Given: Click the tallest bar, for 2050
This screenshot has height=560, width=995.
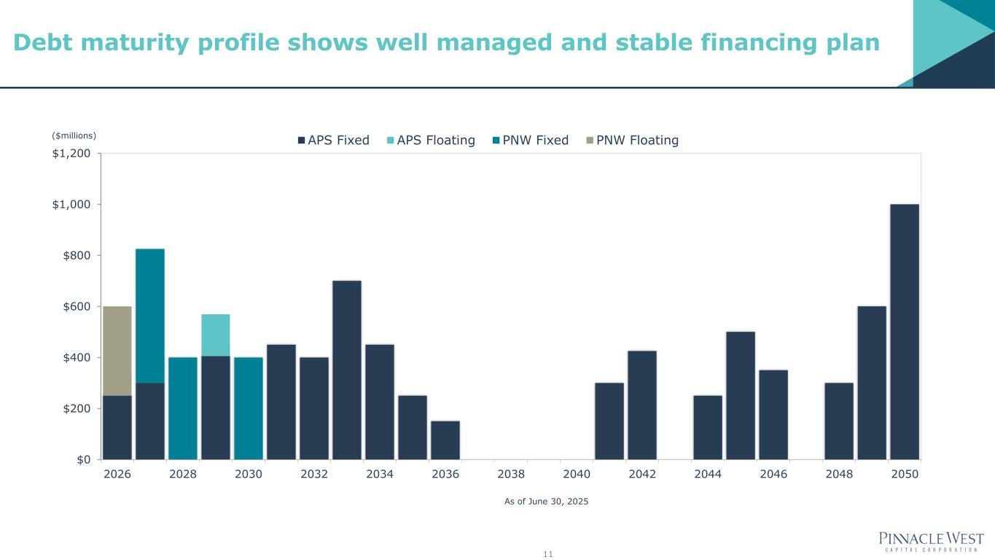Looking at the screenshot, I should coord(905,332).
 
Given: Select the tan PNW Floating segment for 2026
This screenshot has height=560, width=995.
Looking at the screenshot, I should coord(117,351).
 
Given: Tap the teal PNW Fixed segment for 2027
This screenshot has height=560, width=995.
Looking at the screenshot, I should coord(150,316).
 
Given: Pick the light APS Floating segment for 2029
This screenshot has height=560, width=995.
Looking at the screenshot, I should coord(216,335).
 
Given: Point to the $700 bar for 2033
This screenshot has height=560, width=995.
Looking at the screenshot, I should coord(347,370).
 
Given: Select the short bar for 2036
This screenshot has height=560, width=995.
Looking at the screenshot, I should coord(445,440).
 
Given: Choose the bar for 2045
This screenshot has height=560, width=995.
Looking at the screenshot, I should coord(741,395).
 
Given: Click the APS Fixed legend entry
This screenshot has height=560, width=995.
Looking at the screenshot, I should coord(333,140).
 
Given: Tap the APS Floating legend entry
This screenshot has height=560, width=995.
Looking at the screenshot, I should coord(430,140).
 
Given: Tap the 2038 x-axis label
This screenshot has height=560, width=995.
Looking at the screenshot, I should coord(511,474).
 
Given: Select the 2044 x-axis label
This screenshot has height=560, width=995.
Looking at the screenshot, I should coord(708,474).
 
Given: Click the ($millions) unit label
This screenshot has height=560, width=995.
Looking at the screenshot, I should coord(74,135).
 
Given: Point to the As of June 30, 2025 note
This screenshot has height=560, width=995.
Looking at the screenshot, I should coord(546,502).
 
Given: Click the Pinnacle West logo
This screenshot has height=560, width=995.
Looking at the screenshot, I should coord(932,542).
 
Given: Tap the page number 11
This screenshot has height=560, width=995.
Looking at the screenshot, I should coord(548,554).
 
